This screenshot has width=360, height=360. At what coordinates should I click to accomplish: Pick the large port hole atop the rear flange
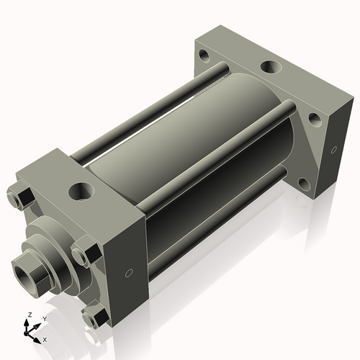(x=271, y=68)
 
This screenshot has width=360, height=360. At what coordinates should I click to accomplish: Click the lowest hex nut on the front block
(x=94, y=318)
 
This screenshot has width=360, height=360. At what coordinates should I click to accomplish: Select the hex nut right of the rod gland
(x=84, y=256)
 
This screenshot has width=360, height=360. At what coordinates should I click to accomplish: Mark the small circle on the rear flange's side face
(x=333, y=150)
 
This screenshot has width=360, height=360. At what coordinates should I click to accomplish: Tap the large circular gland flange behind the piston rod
(x=52, y=252)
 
